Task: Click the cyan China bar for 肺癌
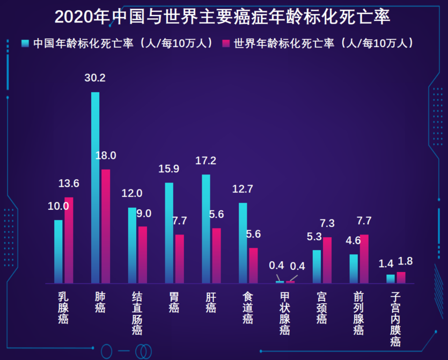click(x=95, y=188)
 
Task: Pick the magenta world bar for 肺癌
click(x=106, y=226)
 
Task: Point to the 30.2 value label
click(x=95, y=78)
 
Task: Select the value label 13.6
click(x=69, y=184)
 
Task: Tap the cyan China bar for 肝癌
click(x=206, y=229)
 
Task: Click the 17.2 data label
click(x=206, y=160)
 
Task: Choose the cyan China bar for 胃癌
click(x=169, y=233)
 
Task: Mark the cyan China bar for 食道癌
click(x=243, y=243)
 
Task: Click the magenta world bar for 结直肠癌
click(x=143, y=254)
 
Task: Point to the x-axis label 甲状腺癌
click(x=284, y=313)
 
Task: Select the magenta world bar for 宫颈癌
click(x=327, y=260)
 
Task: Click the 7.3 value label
click(x=327, y=223)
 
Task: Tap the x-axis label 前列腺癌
click(x=358, y=313)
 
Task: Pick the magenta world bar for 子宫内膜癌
click(x=401, y=277)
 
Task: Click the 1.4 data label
click(x=386, y=263)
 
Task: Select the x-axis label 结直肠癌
click(x=137, y=313)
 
